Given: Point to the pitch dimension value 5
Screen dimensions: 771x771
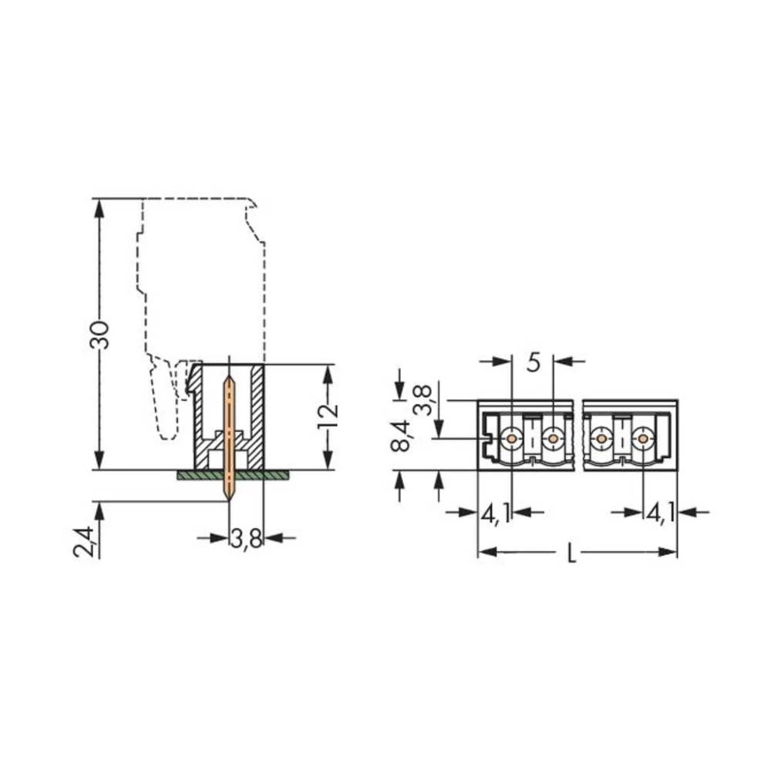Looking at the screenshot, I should pos(534,362).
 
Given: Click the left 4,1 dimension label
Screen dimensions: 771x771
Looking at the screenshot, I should pos(496,513).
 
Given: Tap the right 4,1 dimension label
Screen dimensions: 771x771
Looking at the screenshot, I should pos(661,513).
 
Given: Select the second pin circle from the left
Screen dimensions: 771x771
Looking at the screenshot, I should pos(552,439).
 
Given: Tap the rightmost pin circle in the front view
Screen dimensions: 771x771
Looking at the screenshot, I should pos(642,439).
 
